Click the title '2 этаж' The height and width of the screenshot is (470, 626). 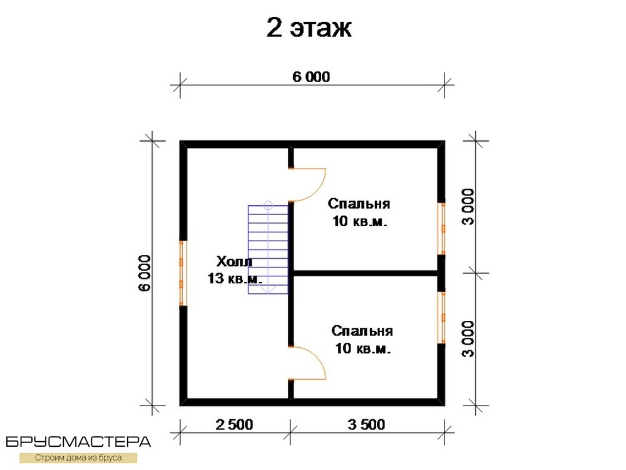tap(309, 28)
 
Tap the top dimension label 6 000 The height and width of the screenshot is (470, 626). tap(311, 76)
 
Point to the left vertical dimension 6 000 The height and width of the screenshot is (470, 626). tap(145, 273)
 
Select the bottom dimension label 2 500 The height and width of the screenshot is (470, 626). tap(234, 424)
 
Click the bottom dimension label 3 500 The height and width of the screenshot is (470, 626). tap(366, 424)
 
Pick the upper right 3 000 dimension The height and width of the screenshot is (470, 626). tap(468, 207)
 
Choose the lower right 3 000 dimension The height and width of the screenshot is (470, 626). tap(468, 338)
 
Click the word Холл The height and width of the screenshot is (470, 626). tap(234, 261)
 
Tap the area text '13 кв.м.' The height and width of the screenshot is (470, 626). tap(235, 278)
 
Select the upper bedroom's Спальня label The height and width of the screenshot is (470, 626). tap(359, 204)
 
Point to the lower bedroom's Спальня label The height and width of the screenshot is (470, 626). tap(362, 331)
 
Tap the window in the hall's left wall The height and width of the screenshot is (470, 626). tap(183, 273)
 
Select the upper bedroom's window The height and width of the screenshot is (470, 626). tap(441, 229)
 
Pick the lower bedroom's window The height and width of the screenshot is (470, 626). tap(441, 318)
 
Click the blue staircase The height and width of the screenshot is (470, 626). tap(268, 250)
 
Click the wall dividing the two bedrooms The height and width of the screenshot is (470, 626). tap(366, 273)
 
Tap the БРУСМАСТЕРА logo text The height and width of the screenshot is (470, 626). tap(78, 442)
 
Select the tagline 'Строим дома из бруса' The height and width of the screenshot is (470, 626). tap(78, 457)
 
